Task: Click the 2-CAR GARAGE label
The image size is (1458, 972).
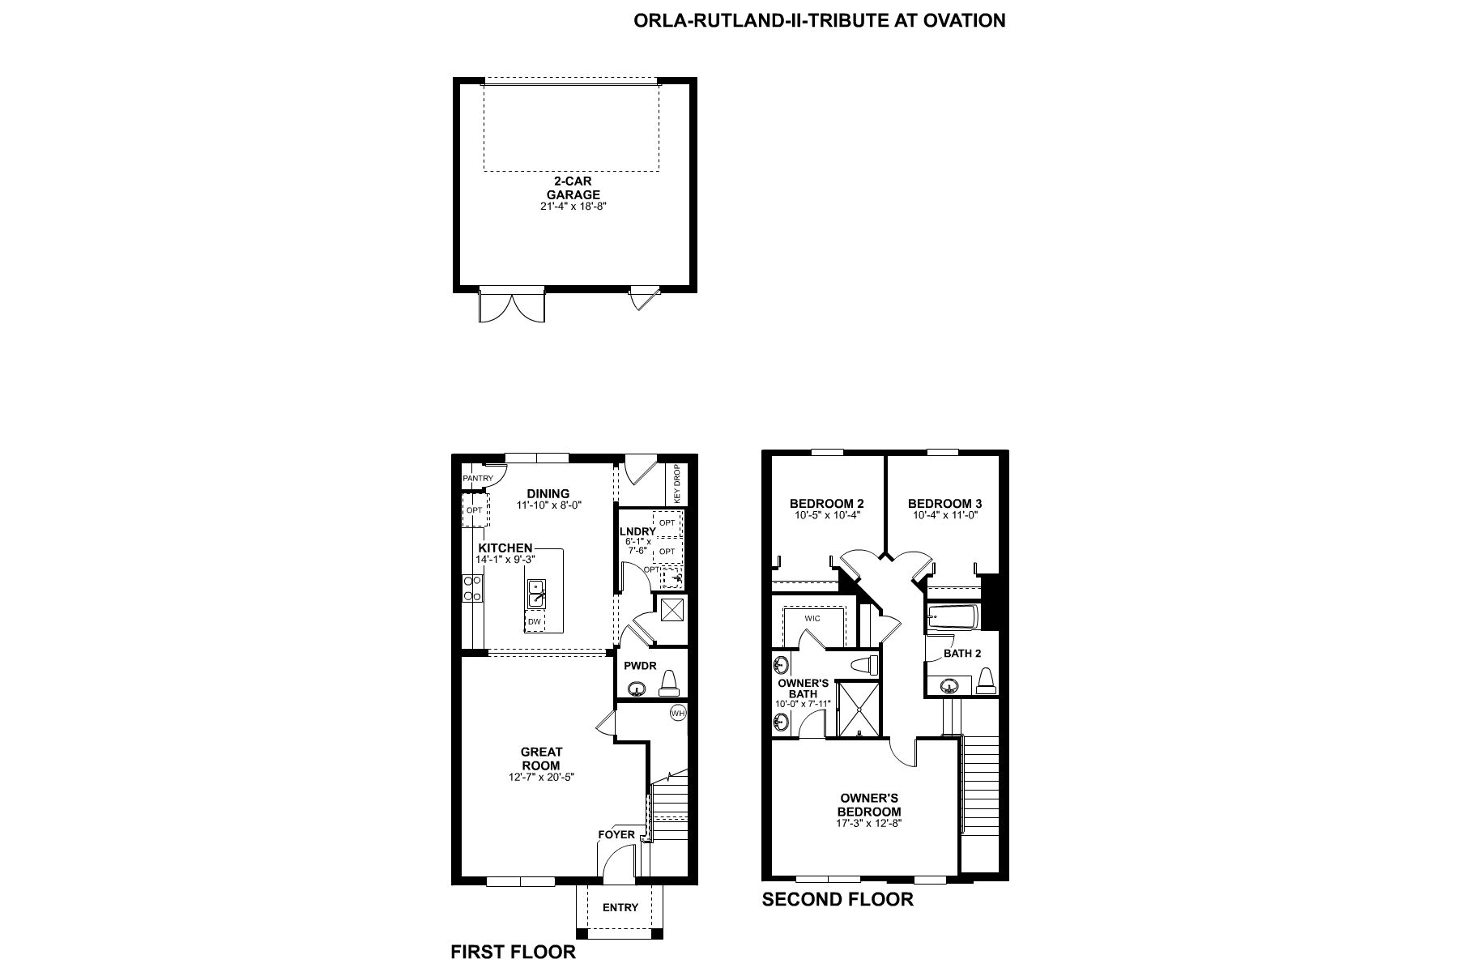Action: click(x=573, y=188)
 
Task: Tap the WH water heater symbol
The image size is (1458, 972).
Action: click(x=678, y=714)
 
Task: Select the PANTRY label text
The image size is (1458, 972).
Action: click(x=478, y=479)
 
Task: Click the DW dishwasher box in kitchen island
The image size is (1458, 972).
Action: click(x=535, y=622)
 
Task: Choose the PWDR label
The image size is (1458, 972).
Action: click(x=640, y=667)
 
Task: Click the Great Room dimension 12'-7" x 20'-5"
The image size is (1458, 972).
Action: click(x=541, y=777)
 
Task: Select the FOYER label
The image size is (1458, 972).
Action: click(x=616, y=834)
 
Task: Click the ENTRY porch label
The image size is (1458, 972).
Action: click(x=620, y=907)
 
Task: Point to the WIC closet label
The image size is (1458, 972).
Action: click(x=812, y=618)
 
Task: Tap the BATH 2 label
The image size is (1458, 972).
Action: click(x=962, y=654)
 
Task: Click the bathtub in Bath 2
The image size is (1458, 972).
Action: click(x=953, y=617)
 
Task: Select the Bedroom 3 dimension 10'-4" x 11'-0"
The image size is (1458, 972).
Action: click(x=944, y=515)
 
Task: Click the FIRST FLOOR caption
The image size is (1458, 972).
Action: click(x=513, y=952)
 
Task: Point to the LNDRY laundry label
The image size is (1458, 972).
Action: click(x=638, y=531)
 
